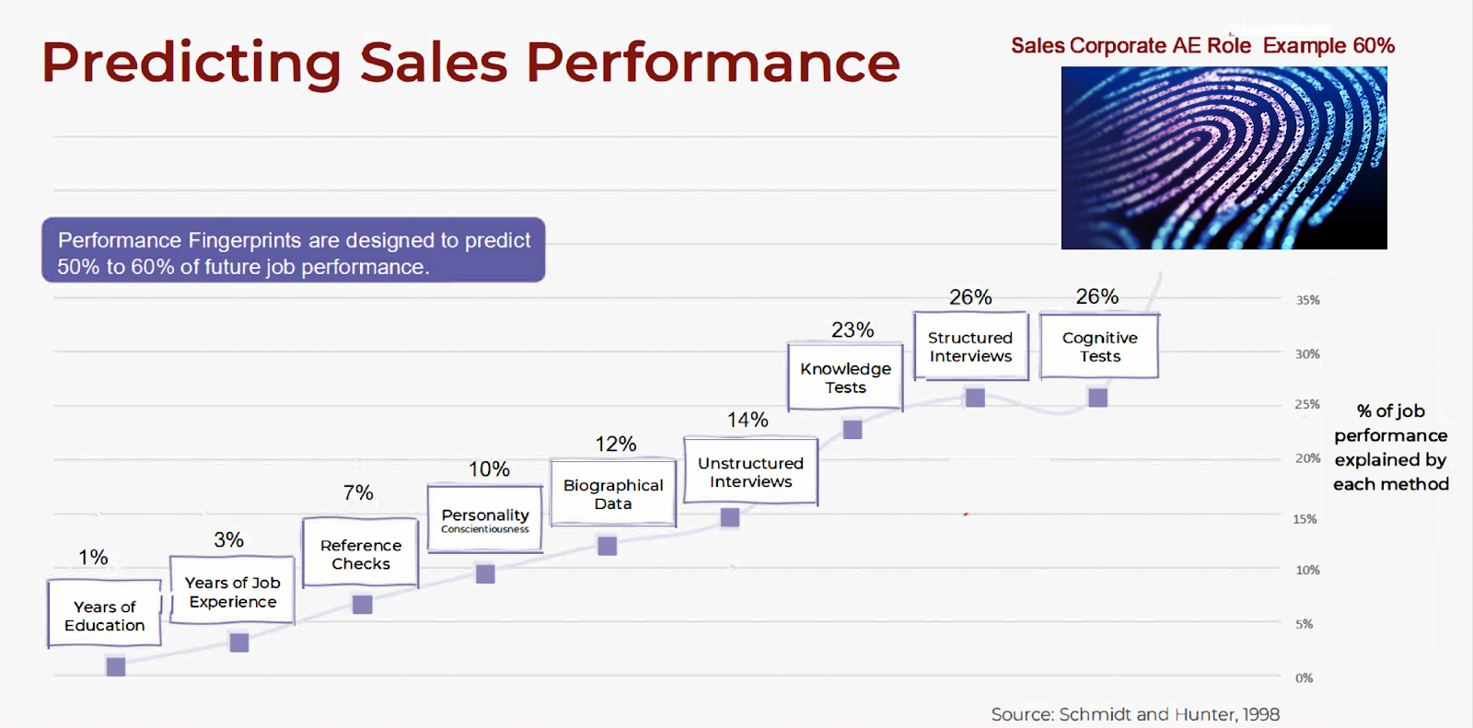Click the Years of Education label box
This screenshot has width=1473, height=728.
point(104,614)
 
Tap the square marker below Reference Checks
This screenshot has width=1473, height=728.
point(363,605)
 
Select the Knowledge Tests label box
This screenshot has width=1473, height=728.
point(845,377)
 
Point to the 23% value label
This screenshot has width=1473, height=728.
point(852,329)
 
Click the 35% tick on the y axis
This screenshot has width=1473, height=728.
point(1307,300)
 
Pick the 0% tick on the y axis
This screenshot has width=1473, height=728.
point(1304,678)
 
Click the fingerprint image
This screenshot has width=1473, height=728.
point(1224,157)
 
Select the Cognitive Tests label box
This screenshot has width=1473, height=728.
point(1099,346)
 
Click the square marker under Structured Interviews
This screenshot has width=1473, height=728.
point(975,398)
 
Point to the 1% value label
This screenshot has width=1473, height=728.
point(93,557)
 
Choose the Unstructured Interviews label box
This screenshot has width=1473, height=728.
point(750,471)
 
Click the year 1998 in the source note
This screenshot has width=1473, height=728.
point(1260,714)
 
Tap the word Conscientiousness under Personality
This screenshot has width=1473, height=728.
point(485,529)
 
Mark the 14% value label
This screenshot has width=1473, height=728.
point(748,420)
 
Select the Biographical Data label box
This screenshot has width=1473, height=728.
point(613,493)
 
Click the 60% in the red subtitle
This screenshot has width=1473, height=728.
point(1374,46)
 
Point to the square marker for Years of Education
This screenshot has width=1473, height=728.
point(116,666)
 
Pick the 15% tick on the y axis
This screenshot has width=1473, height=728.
point(1305,519)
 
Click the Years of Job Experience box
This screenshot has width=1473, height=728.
point(232,591)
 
